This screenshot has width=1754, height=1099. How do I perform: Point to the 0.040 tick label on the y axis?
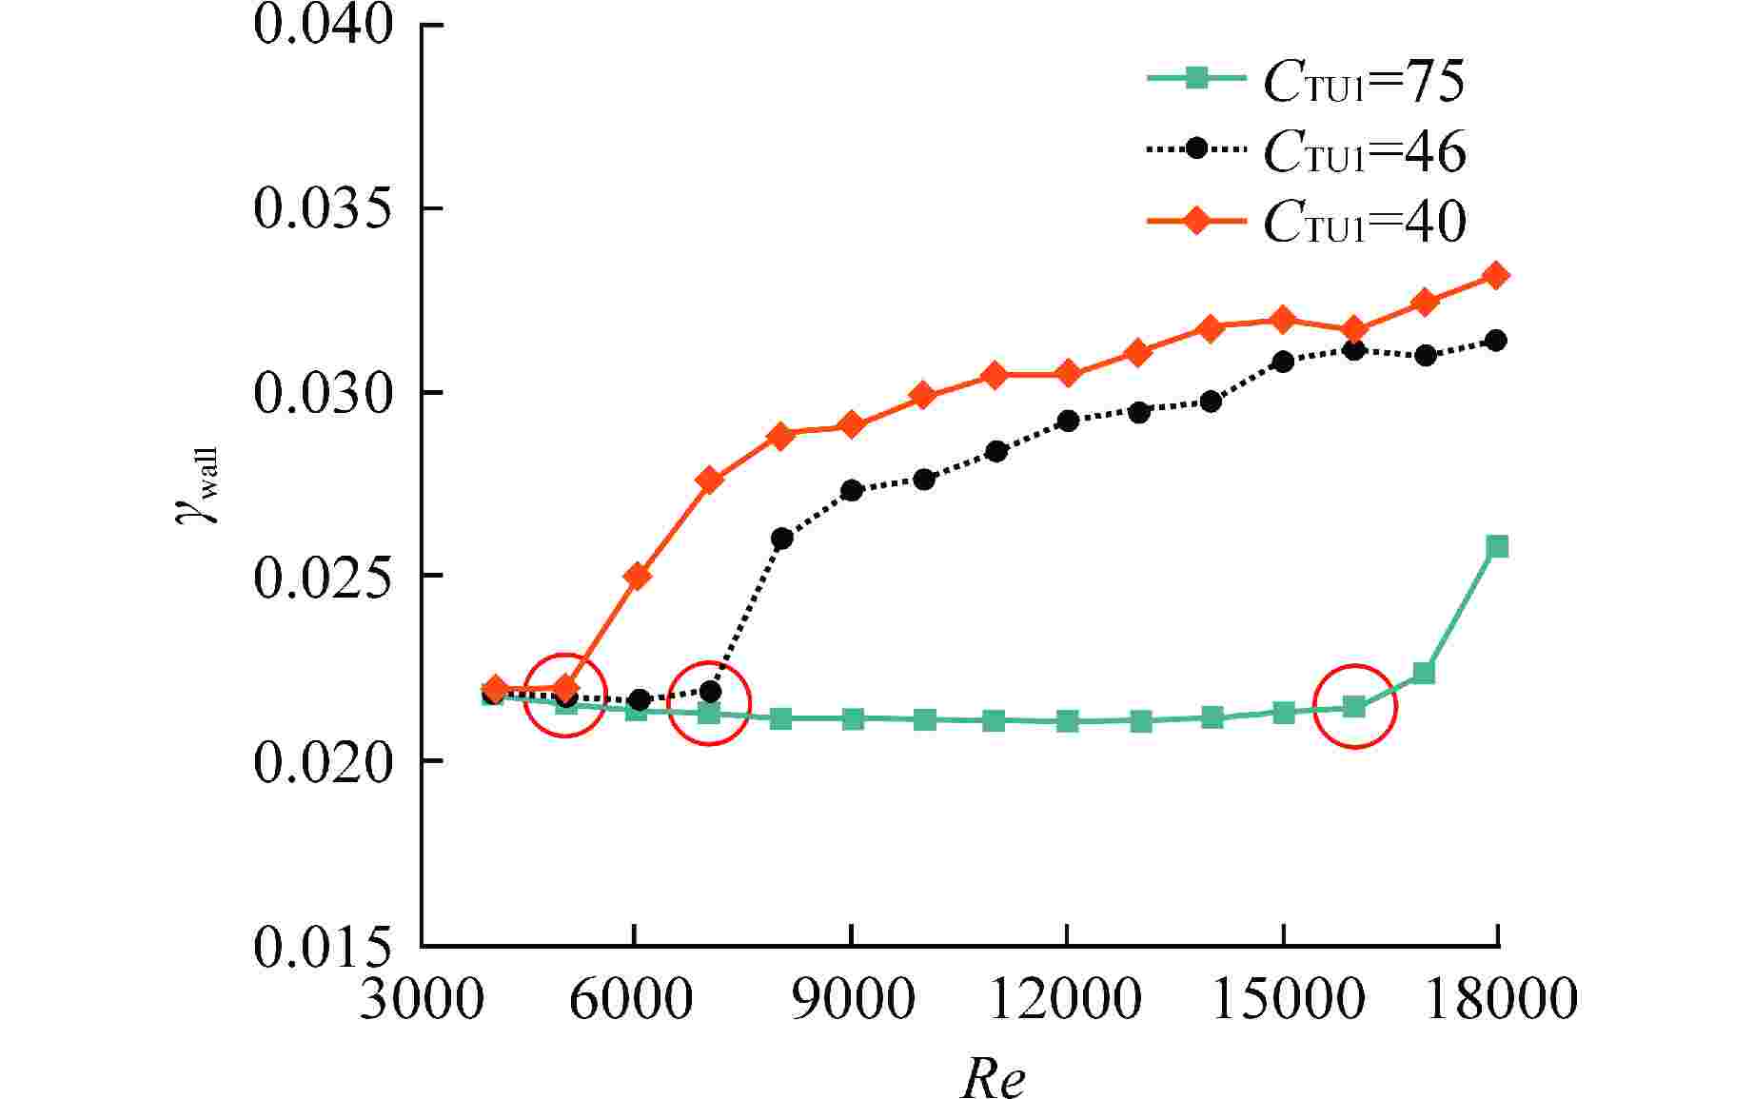[x=324, y=25]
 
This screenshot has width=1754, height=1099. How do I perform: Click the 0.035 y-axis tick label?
[x=324, y=208]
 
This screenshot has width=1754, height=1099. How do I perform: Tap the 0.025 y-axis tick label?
[x=324, y=577]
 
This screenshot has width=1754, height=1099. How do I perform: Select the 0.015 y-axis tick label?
[x=324, y=946]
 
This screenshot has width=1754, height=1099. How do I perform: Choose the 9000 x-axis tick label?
[x=852, y=1000]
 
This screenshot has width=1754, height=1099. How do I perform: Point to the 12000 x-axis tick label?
[x=1066, y=1000]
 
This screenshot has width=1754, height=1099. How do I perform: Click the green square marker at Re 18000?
[x=1497, y=546]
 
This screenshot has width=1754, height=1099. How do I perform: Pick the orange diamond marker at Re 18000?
[x=1496, y=276]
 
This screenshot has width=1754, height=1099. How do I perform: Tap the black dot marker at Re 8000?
[x=781, y=539]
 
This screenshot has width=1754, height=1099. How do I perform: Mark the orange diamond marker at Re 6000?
[x=638, y=576]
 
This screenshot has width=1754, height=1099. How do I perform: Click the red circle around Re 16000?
[x=1354, y=706]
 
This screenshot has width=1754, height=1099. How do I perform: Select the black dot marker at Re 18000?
[x=1496, y=341]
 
